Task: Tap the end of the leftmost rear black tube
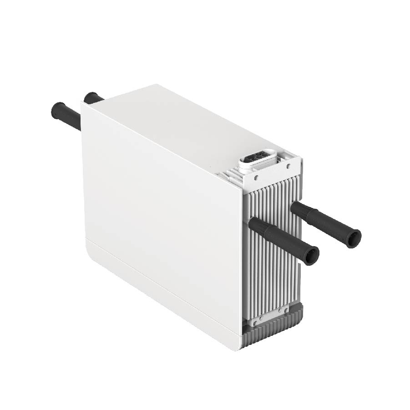(x=57, y=110)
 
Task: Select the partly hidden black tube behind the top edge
(x=92, y=98)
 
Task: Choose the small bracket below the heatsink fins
(x=269, y=317)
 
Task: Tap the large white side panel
(x=159, y=205)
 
